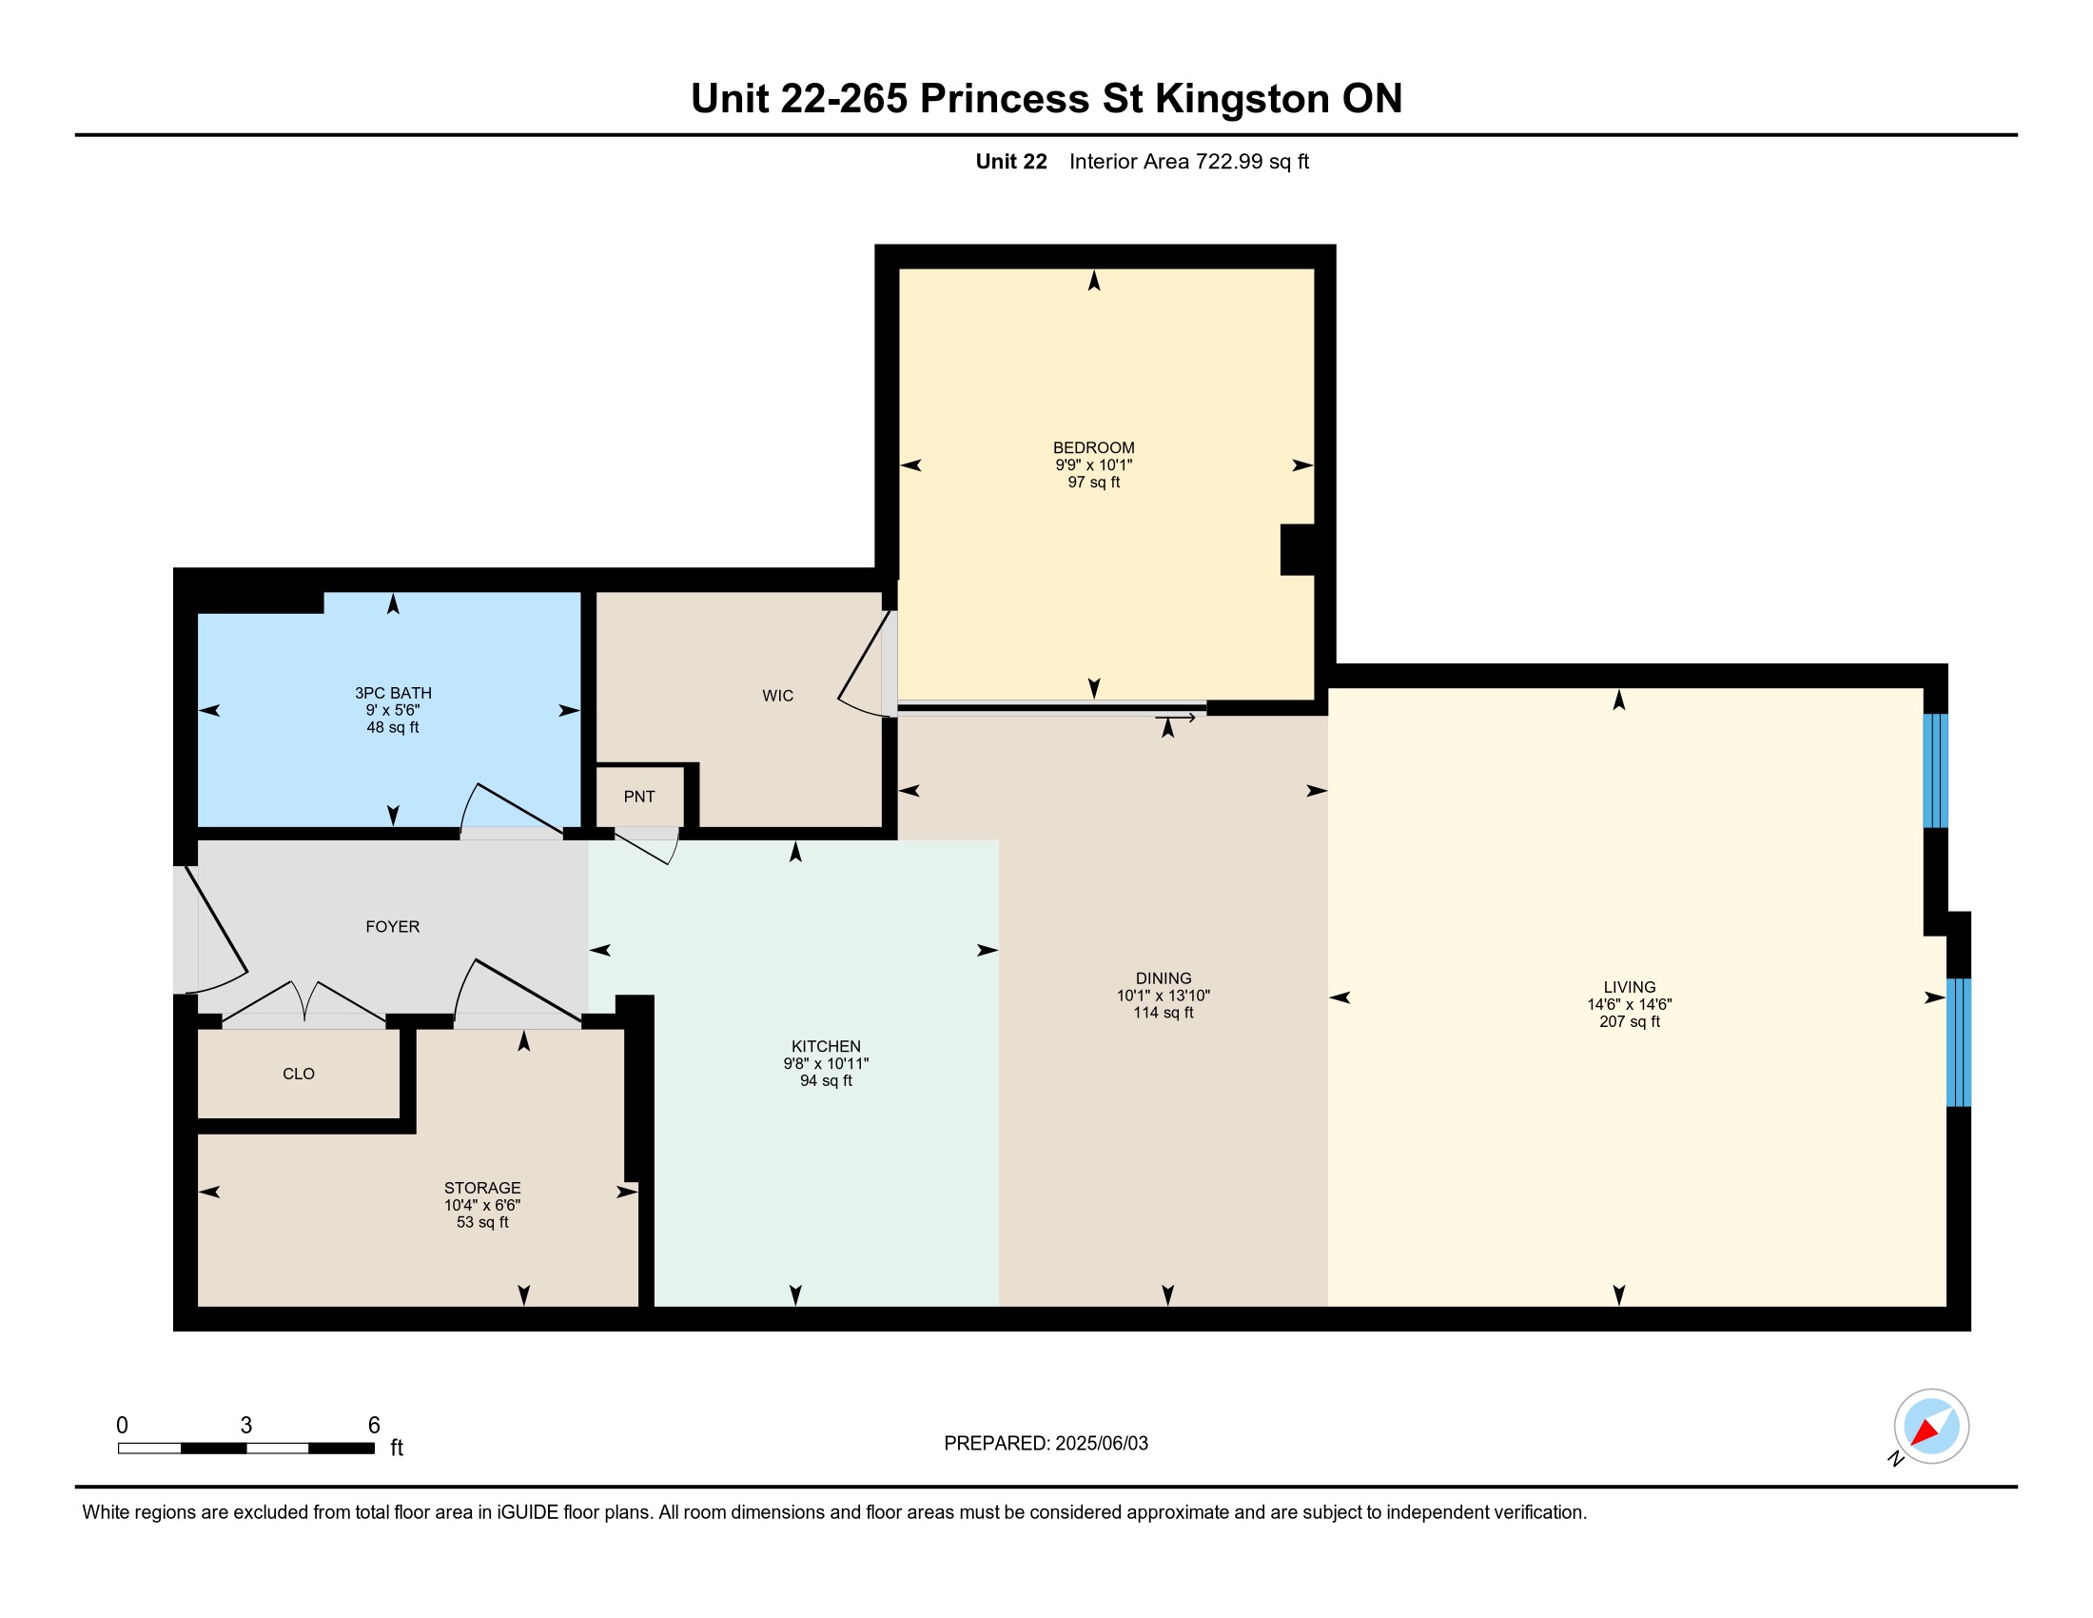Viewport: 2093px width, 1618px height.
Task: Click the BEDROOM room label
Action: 1093,447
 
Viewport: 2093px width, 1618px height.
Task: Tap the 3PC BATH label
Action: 393,693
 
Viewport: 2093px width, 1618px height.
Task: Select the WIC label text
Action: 778,696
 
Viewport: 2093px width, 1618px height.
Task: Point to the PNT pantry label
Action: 639,797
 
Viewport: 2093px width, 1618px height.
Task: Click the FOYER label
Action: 393,927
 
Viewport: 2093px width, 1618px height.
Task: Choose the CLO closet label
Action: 299,1074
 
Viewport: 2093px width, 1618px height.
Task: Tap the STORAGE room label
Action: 482,1188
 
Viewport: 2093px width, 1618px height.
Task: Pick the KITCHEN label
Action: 826,1047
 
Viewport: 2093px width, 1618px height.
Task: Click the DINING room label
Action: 1164,978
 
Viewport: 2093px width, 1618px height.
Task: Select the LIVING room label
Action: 1629,987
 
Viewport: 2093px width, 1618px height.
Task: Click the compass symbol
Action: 1930,1427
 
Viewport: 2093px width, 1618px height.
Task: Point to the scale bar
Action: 246,1449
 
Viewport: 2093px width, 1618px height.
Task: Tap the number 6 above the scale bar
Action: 374,1426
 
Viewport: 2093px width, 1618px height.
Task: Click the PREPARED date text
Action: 1046,1444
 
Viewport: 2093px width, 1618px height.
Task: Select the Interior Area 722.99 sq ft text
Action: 1189,161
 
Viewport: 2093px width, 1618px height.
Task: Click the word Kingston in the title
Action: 1242,100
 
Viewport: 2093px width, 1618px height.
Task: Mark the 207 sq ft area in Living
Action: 1629,1022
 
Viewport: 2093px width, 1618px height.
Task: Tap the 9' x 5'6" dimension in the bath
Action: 393,710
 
